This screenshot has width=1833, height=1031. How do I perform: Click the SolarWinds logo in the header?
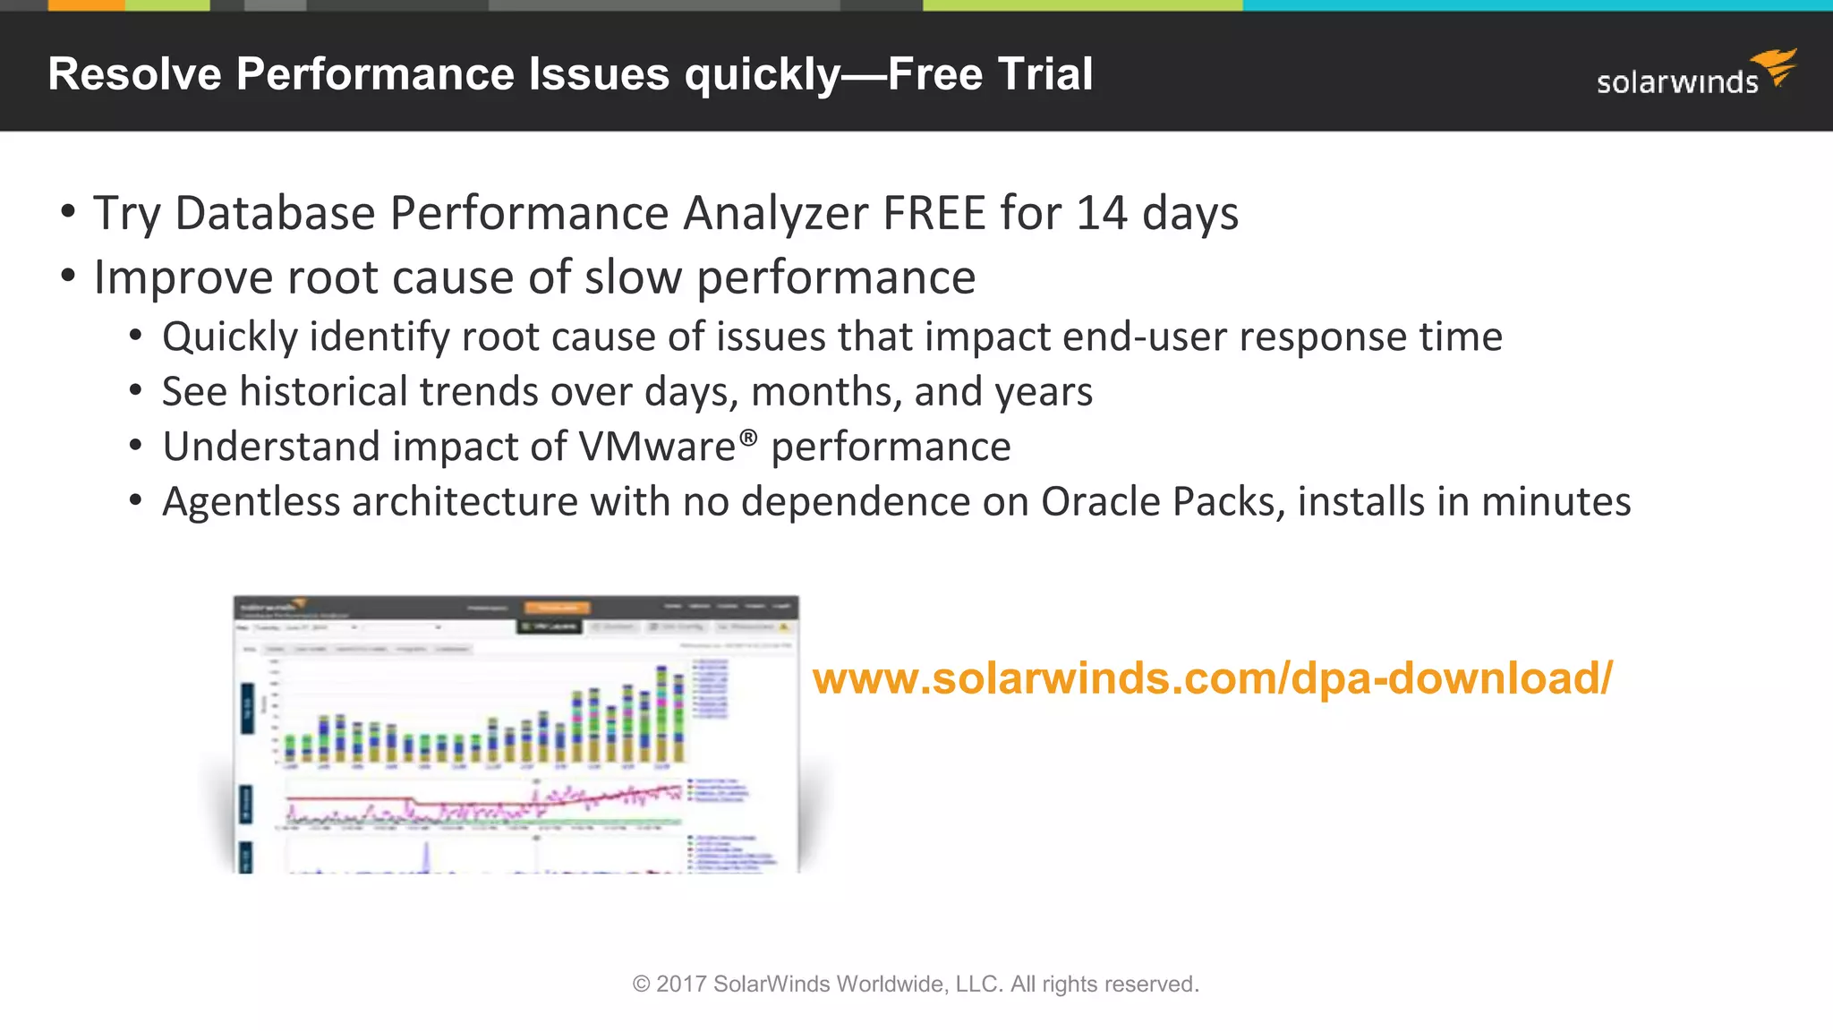click(x=1696, y=74)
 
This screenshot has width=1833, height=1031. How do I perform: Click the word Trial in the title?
click(x=1044, y=74)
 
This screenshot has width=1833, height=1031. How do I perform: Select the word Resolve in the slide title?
click(x=134, y=74)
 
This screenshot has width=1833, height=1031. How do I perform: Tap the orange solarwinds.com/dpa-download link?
click(x=1213, y=678)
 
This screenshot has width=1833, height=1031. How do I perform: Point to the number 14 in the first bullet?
click(x=1102, y=214)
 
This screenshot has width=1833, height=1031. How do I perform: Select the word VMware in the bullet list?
click(x=657, y=447)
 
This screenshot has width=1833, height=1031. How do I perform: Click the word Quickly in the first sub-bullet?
click(x=229, y=337)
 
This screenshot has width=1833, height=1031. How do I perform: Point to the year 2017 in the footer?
click(x=681, y=984)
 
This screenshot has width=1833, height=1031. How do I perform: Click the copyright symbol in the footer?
click(x=641, y=984)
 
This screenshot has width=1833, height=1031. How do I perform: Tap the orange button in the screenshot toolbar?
click(x=557, y=608)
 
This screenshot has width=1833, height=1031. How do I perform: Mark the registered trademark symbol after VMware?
click(x=748, y=437)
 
